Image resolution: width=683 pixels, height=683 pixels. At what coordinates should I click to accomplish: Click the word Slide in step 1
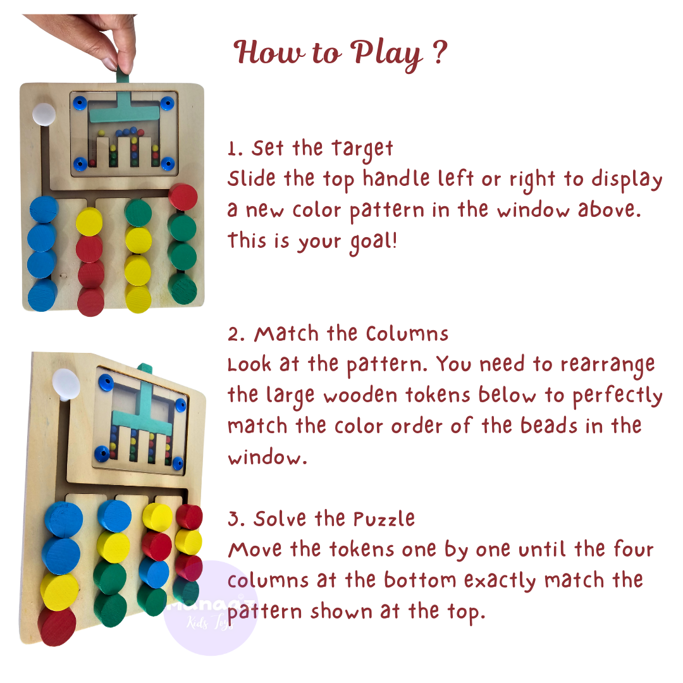point(252,180)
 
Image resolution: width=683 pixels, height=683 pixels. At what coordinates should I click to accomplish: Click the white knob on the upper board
point(44,114)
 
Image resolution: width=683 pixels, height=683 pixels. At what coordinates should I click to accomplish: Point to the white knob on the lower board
point(66,384)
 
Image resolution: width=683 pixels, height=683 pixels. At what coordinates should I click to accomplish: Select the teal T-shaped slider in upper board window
point(124,110)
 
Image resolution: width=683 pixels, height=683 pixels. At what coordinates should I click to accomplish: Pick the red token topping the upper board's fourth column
point(183,197)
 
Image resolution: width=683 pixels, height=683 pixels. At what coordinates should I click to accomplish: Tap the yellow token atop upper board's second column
point(89,221)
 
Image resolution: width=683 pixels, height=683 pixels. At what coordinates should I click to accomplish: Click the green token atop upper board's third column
point(138,213)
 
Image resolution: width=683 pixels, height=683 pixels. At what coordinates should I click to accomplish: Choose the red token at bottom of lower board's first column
point(57,625)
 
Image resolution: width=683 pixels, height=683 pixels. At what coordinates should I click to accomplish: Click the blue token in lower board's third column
point(154,573)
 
